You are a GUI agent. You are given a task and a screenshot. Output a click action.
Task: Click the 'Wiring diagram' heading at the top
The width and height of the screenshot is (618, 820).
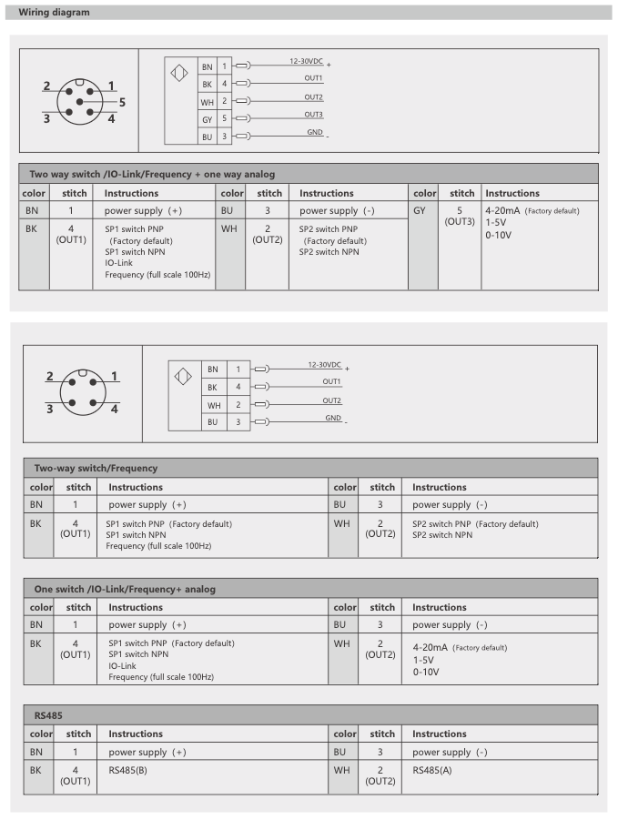point(54,12)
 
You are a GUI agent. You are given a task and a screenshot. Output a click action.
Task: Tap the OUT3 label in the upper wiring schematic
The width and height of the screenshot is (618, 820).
point(314,114)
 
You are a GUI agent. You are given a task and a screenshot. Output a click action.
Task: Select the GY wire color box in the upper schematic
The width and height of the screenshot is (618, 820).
point(207,119)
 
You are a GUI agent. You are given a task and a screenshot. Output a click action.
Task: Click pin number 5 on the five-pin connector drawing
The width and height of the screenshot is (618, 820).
point(121,102)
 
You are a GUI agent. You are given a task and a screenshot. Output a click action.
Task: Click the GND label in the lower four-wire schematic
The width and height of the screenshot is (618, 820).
point(333,418)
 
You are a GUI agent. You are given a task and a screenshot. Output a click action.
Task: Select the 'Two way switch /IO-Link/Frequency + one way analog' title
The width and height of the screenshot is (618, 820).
point(152,174)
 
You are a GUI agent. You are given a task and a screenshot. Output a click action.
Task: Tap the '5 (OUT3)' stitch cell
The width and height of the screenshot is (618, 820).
point(461,216)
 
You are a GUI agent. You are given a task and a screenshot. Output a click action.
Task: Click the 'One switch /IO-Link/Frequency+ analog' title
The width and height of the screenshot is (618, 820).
point(125,589)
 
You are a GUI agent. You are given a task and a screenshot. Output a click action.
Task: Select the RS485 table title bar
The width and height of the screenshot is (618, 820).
point(46,715)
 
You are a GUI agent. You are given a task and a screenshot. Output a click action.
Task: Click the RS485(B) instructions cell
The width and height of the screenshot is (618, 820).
point(127,769)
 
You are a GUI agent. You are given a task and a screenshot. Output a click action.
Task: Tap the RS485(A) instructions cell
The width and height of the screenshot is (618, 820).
point(431,769)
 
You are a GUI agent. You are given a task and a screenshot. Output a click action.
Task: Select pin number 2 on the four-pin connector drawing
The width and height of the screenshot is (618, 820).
point(50,376)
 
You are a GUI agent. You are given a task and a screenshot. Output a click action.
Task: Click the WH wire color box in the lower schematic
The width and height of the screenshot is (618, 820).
point(213,405)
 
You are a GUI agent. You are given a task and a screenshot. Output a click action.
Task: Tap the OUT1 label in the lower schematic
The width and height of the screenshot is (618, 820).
point(331,381)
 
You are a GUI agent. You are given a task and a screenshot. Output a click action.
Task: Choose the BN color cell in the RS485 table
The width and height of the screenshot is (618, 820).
point(36,752)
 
